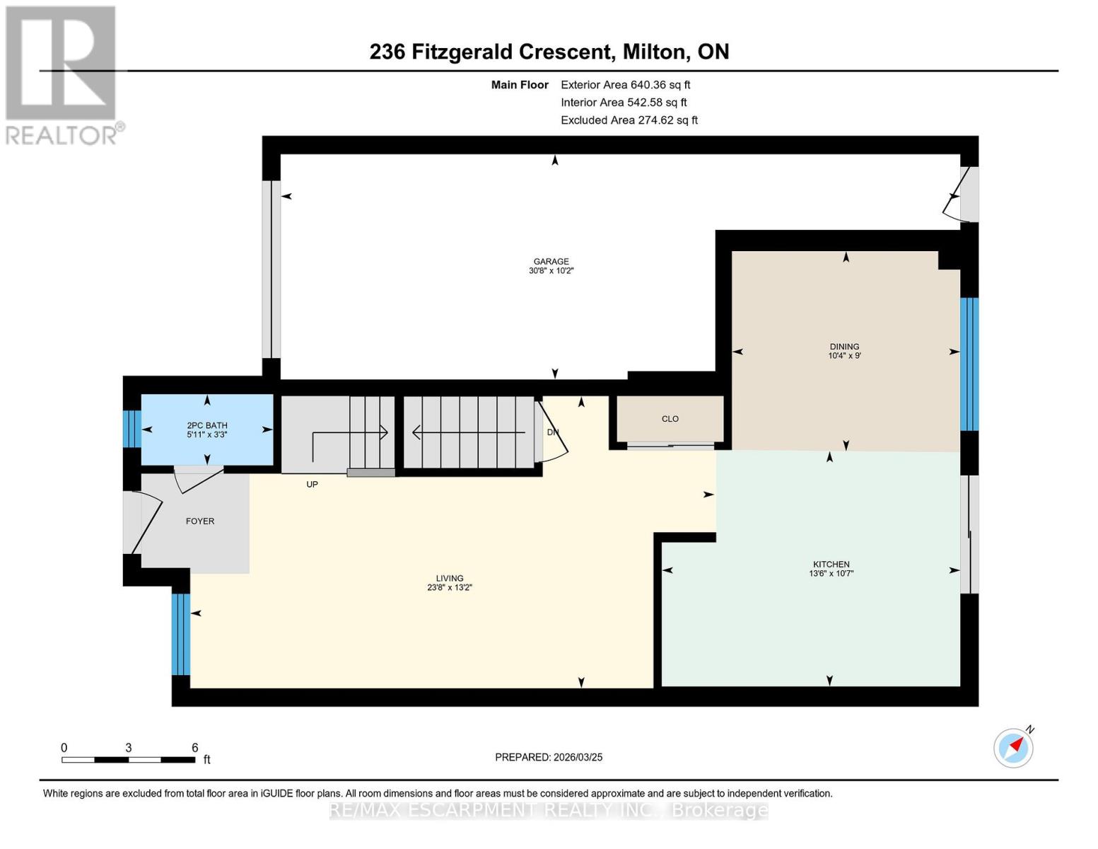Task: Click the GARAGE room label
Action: (x=551, y=261)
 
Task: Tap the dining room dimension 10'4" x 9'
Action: (x=844, y=356)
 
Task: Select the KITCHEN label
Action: (x=831, y=564)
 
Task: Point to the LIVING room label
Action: (x=449, y=578)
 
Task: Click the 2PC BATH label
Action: (x=206, y=425)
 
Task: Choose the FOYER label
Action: (x=200, y=521)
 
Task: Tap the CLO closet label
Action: (x=670, y=419)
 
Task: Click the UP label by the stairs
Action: (x=312, y=485)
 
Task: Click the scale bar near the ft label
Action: (x=128, y=760)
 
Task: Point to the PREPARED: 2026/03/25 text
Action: (x=549, y=757)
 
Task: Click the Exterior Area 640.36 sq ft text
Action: (x=625, y=84)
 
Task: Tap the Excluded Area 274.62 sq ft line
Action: (x=629, y=120)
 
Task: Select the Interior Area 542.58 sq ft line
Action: (x=624, y=103)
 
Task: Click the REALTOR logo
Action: (x=62, y=75)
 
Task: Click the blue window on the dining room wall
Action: (x=969, y=364)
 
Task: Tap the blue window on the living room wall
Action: (x=181, y=634)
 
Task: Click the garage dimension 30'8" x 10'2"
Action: (x=551, y=271)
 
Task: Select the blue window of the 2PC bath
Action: (x=132, y=429)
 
